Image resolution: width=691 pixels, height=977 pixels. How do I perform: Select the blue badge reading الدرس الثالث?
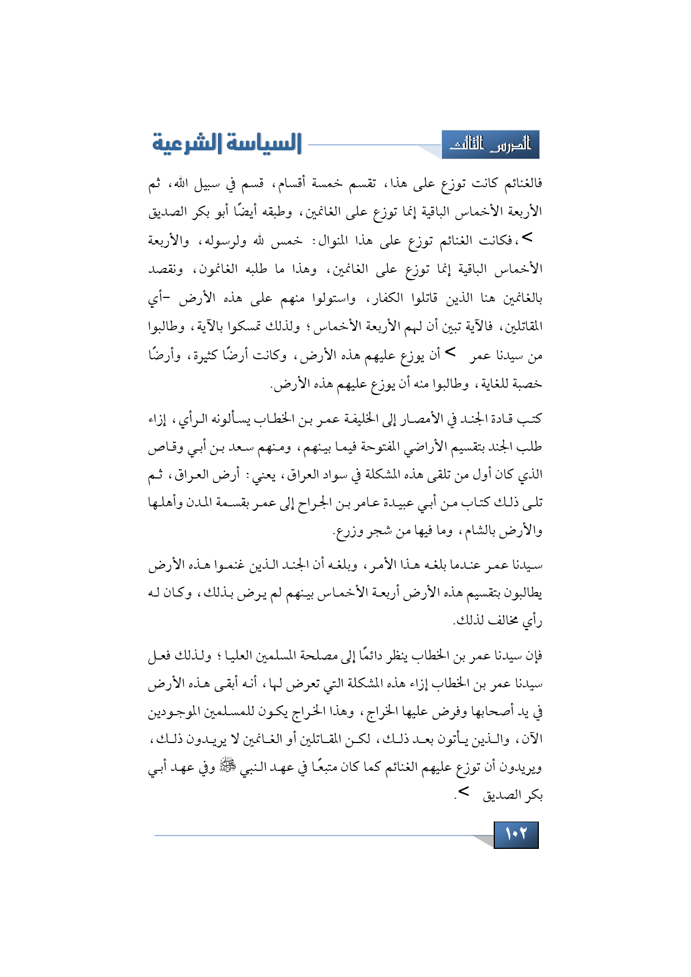(x=490, y=145)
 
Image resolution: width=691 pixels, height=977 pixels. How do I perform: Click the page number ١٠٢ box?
(x=516, y=834)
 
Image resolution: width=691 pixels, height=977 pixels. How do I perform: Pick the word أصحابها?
(x=486, y=712)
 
